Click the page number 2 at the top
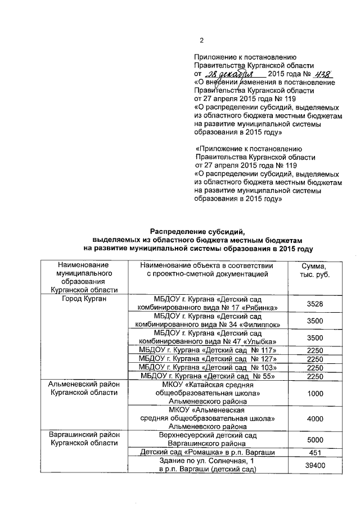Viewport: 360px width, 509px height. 201,40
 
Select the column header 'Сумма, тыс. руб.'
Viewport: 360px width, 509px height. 315,269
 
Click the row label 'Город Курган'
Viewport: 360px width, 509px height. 84,299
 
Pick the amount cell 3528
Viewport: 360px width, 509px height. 315,304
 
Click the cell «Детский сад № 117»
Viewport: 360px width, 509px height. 210,350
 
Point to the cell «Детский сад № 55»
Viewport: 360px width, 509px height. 210,376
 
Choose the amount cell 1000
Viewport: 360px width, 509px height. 315,394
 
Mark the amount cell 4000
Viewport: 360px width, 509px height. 315,419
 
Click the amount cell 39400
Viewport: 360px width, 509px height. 315,466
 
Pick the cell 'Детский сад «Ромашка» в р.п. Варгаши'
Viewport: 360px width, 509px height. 210,453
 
